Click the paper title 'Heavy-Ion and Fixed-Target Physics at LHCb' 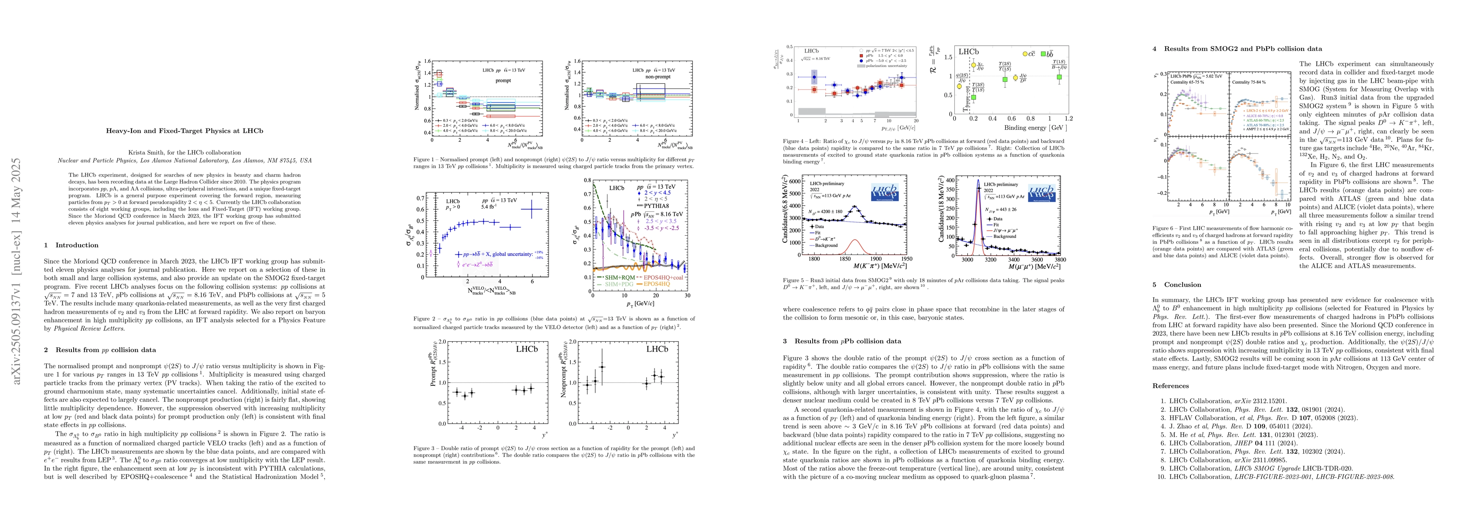coord(184,131)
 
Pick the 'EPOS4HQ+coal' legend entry coord(664,277)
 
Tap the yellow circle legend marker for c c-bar coord(1025,54)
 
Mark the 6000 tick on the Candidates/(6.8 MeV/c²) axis coord(796,181)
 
